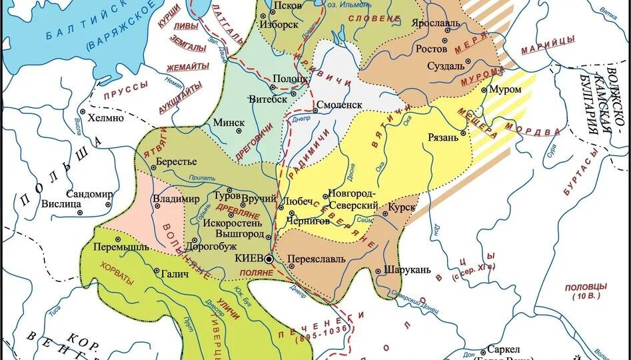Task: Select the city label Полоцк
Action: pos(291,78)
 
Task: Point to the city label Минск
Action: pos(229,123)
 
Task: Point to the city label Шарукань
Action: pos(405,271)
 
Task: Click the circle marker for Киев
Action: pos(269,259)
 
